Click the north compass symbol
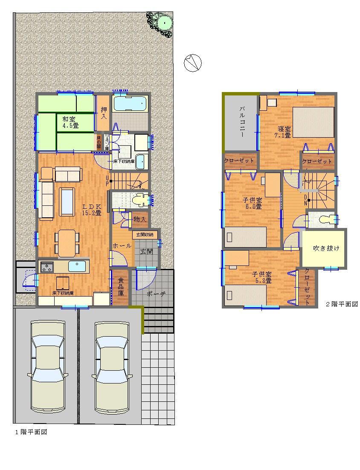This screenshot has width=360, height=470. point(192,63)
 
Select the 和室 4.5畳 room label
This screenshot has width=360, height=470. point(70,123)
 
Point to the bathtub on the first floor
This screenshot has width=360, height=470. point(130,104)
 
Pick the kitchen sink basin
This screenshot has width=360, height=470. point(77,266)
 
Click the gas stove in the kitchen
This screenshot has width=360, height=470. point(46,267)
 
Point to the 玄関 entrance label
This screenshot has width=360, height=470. point(146,251)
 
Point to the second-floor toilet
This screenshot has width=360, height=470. point(326,219)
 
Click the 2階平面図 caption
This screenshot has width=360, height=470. point(342,304)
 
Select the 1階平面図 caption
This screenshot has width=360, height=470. point(31,432)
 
